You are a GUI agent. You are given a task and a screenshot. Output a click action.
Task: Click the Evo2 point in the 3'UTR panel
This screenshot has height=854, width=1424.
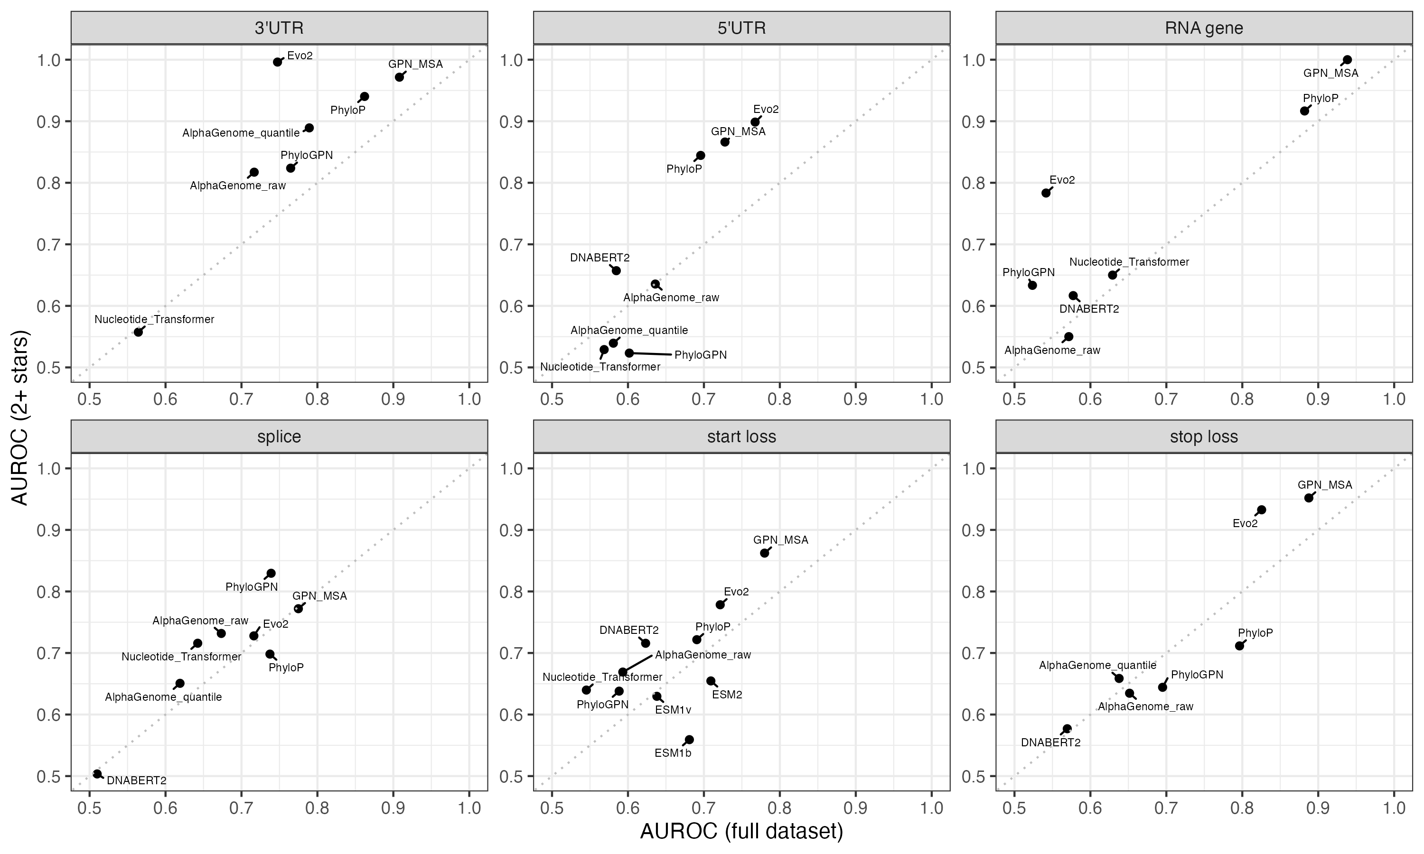(x=277, y=62)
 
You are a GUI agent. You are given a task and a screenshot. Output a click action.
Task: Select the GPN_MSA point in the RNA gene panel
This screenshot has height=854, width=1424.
(x=1347, y=60)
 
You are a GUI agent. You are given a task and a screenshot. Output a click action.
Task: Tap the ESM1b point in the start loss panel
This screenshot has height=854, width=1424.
(x=689, y=740)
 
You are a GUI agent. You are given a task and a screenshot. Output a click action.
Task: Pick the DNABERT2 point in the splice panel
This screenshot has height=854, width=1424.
(x=97, y=774)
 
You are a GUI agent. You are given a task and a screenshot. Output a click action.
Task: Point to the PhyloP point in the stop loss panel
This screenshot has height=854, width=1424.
(x=1239, y=646)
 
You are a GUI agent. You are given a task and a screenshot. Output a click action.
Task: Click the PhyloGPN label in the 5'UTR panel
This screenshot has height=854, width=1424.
(x=700, y=355)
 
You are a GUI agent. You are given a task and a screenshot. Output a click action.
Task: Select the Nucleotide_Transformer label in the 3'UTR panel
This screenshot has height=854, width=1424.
(x=154, y=319)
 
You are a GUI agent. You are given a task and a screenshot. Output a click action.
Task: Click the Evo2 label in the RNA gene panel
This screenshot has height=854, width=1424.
(x=1061, y=180)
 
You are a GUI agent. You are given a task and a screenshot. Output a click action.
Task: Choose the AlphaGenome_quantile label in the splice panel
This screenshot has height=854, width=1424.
(x=163, y=697)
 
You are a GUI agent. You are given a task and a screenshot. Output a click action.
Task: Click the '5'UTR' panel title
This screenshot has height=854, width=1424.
(x=741, y=28)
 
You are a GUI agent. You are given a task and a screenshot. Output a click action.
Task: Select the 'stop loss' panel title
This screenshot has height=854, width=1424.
(x=1204, y=437)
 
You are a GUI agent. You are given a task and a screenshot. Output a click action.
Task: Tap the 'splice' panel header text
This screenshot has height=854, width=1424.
(x=279, y=437)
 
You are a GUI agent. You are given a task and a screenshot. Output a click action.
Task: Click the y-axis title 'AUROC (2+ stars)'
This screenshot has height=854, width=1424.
(x=20, y=417)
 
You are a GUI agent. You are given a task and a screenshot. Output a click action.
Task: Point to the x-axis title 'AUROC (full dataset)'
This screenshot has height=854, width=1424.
(x=741, y=832)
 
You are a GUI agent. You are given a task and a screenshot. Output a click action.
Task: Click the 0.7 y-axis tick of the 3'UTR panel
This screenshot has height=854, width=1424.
(x=49, y=244)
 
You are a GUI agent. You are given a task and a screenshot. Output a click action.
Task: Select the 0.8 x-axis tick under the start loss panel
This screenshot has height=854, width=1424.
(x=779, y=808)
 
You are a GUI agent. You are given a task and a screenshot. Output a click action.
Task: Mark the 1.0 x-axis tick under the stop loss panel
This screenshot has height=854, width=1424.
(x=1394, y=808)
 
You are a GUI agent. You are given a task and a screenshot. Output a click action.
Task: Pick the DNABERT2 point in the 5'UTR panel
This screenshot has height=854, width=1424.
(x=616, y=270)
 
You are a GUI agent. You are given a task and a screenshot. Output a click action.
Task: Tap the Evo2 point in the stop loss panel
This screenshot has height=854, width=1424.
(x=1261, y=510)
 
